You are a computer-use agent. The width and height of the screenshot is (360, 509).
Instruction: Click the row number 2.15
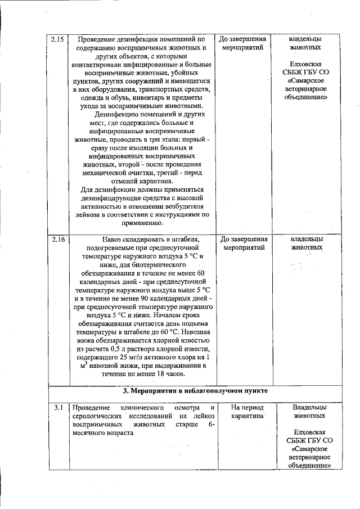tap(57, 40)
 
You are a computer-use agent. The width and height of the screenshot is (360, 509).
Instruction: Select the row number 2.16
tap(57, 239)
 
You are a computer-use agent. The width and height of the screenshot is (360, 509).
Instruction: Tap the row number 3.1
tap(57, 407)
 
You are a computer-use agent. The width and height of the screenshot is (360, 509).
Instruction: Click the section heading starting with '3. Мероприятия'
tap(196, 390)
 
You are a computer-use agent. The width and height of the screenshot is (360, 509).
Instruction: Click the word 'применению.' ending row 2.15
tap(138, 223)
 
